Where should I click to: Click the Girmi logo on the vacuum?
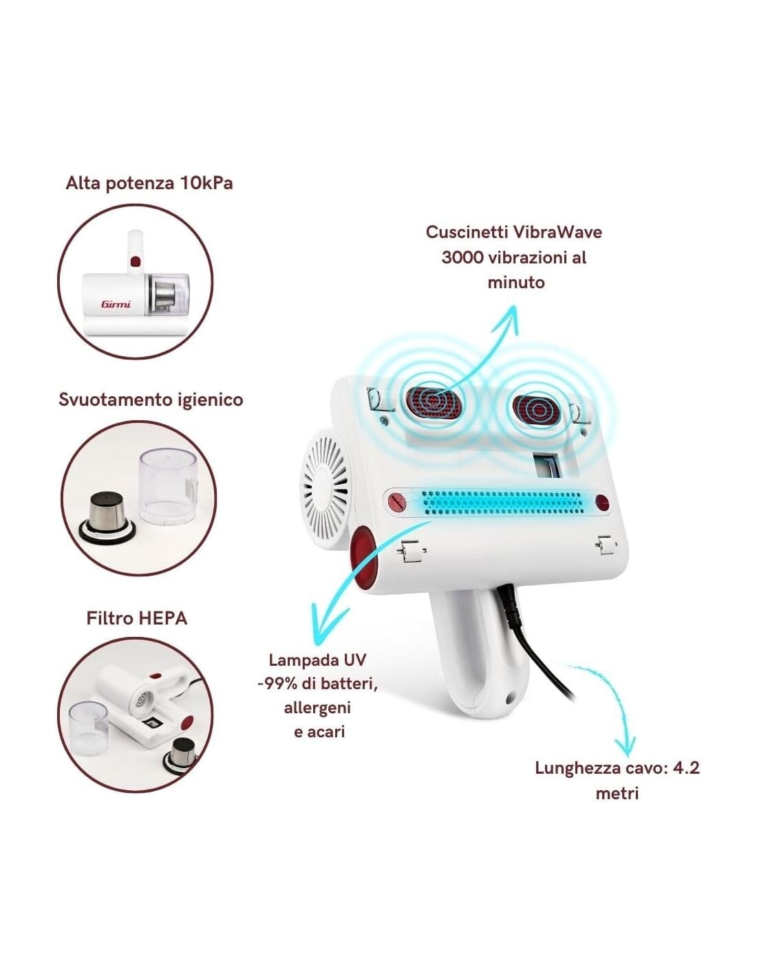(x=116, y=304)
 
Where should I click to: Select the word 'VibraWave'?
(x=557, y=232)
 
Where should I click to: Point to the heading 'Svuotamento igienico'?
(x=151, y=400)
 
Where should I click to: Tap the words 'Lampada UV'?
(x=317, y=660)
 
